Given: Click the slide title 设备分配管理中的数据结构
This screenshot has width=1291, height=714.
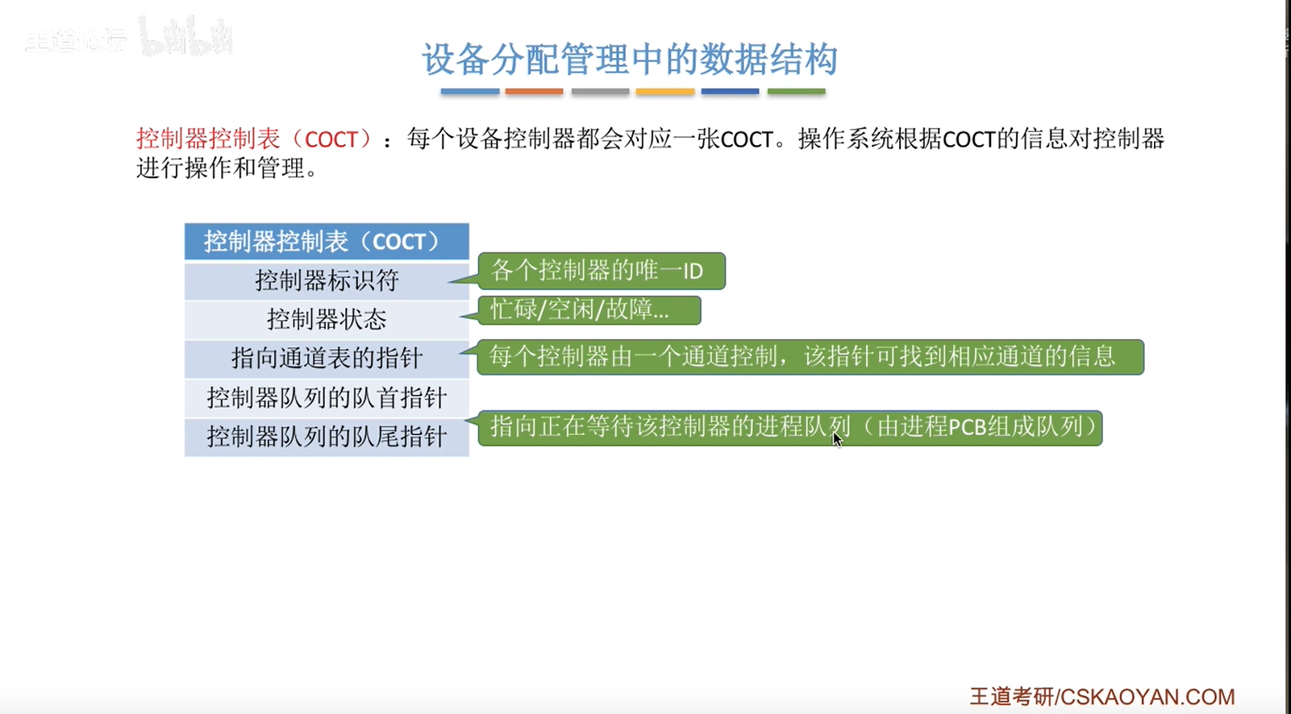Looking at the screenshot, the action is click(629, 59).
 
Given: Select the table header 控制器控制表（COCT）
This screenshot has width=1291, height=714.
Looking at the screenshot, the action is click(327, 241).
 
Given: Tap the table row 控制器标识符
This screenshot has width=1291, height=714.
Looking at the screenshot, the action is click(327, 281).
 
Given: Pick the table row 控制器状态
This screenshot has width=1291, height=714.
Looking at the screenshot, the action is click(327, 320).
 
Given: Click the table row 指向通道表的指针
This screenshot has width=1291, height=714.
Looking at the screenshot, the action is click(327, 359).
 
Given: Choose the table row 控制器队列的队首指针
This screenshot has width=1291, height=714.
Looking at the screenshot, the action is click(327, 398).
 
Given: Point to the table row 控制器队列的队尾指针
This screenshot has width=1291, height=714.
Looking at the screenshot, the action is click(327, 437).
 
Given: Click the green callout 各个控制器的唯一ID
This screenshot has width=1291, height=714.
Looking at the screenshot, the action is click(601, 271).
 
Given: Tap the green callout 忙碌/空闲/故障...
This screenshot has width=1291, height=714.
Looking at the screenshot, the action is click(589, 310).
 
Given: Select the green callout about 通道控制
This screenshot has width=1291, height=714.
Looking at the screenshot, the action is click(810, 357).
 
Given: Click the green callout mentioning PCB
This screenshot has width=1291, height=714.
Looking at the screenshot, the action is click(789, 428).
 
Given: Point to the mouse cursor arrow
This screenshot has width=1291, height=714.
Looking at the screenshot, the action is click(837, 439).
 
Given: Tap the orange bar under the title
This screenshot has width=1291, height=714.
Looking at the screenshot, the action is click(535, 92).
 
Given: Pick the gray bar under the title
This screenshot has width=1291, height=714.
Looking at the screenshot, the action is click(600, 92).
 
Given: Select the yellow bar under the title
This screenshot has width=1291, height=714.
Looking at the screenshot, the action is click(665, 92).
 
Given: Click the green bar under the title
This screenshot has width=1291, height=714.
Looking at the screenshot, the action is click(797, 92).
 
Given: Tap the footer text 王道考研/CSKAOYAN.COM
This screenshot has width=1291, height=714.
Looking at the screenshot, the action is click(1102, 697).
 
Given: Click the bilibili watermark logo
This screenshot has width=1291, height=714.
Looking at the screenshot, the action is click(185, 36).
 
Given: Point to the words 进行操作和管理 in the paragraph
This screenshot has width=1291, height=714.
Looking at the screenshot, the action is click(221, 168).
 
